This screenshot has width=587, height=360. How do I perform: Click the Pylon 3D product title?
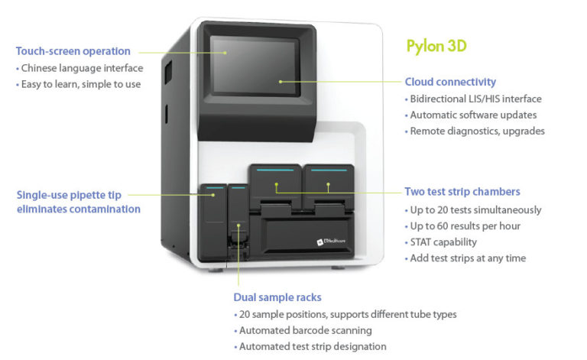(436, 46)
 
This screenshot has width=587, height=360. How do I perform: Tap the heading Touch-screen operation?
(73, 51)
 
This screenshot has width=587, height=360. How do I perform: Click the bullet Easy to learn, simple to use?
(80, 84)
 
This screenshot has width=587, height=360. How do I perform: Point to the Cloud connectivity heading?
(450, 82)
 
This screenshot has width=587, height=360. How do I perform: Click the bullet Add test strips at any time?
(468, 258)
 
